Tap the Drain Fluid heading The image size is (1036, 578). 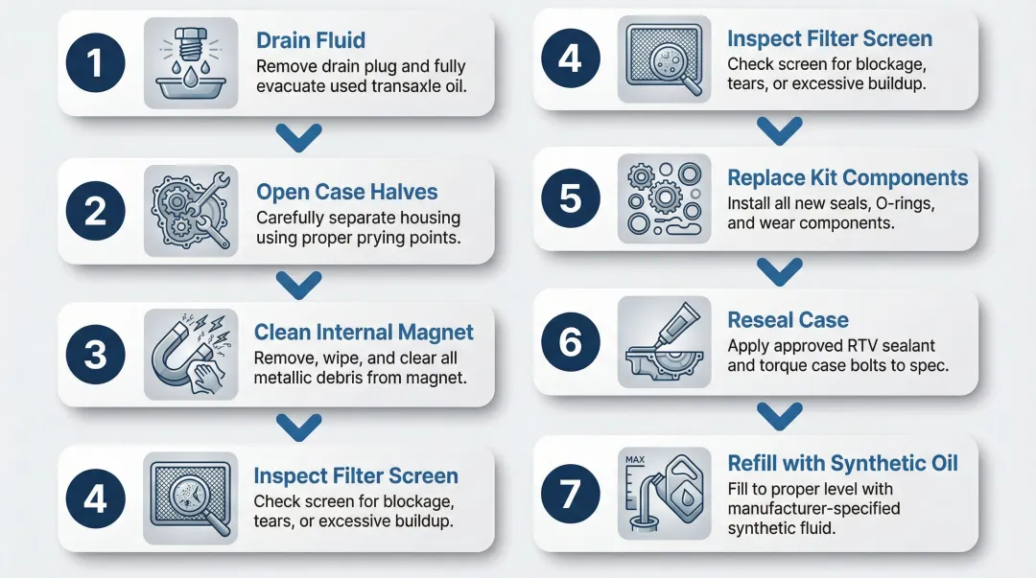click(x=311, y=40)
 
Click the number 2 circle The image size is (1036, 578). click(x=96, y=211)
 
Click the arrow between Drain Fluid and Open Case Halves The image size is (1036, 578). click(x=303, y=138)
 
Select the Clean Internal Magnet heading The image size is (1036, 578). click(x=364, y=333)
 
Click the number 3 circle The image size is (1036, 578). click(x=96, y=355)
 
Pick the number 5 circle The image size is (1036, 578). click(x=570, y=198)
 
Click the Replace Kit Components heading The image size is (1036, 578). click(x=847, y=178)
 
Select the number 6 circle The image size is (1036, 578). click(x=570, y=341)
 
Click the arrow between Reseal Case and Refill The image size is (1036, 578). click(x=779, y=415)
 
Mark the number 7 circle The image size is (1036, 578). click(x=570, y=494)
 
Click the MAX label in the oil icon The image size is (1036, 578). click(x=634, y=460)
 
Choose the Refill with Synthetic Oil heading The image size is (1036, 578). click(x=842, y=464)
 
